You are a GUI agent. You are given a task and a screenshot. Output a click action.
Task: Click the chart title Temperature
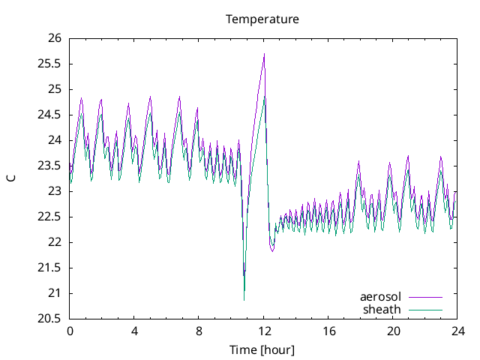pos(262,19)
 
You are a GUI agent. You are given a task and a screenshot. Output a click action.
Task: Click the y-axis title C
pos(11,178)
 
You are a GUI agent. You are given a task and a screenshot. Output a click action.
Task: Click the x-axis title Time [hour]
pos(262,349)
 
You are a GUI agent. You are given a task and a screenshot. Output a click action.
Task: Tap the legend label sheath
pos(382,309)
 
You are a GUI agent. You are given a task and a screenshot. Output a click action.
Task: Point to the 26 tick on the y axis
pos(55,38)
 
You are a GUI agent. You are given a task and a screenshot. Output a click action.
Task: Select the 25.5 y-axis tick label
pos(50,64)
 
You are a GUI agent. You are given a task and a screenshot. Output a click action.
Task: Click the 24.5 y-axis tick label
pos(50,115)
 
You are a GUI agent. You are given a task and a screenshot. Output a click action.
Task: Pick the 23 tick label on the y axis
pos(55,191)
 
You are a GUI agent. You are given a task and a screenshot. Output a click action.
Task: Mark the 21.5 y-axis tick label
pos(50,268)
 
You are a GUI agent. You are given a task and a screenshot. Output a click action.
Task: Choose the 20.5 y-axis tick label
pos(50,319)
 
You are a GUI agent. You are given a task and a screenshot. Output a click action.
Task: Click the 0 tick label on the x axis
pos(70,331)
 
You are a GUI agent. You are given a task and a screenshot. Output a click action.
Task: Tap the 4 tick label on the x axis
pos(134,331)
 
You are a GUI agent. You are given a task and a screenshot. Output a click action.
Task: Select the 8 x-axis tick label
pos(199,331)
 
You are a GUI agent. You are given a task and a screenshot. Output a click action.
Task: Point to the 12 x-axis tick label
pos(264,331)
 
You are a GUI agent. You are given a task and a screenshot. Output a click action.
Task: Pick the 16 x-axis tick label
pos(328,331)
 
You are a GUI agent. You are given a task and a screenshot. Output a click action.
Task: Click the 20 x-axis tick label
pos(393,331)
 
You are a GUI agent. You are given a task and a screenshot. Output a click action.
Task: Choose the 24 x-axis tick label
pos(457,331)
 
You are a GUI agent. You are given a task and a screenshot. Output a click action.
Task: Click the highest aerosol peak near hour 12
pos(264,54)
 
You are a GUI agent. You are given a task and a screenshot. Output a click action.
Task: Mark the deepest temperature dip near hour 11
pos(244,300)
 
